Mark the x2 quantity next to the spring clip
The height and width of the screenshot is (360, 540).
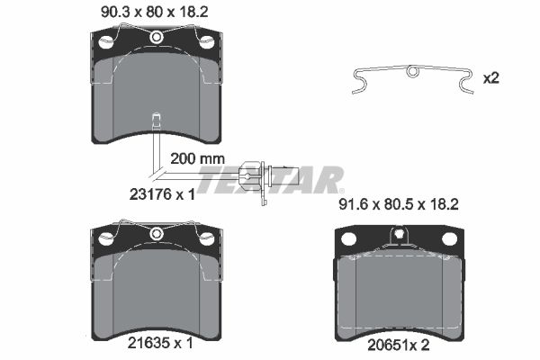click(490, 77)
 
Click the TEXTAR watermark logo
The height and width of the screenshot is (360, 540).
click(270, 179)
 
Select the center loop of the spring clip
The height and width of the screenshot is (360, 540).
click(412, 71)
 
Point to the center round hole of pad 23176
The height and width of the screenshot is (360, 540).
click(157, 37)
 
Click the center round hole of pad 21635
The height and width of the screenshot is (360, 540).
click(157, 233)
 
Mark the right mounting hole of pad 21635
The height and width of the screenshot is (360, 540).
click(206, 238)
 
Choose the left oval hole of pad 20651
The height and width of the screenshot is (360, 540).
click(350, 239)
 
